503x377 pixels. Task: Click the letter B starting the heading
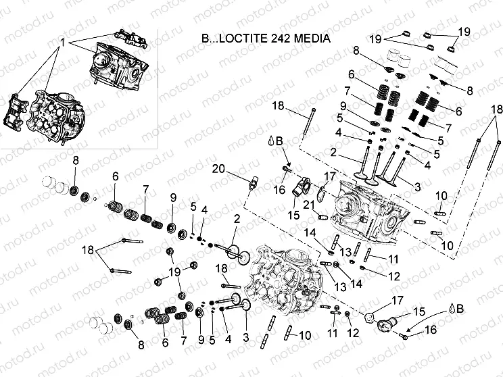(x=206, y=39)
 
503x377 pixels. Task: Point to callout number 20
(x=217, y=168)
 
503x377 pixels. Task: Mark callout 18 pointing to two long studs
(x=496, y=109)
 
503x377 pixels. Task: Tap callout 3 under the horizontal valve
(x=245, y=336)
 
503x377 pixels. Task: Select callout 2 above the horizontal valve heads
(x=237, y=219)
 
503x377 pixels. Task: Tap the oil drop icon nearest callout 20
(x=271, y=142)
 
